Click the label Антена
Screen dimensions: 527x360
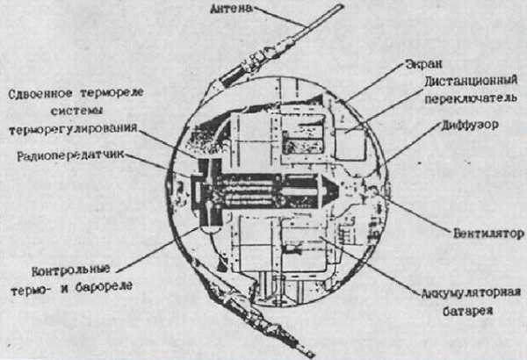pos(231,9)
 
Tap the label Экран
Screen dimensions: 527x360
pos(424,64)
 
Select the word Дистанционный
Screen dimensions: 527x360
pos(471,82)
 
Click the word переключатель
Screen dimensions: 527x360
pos(471,98)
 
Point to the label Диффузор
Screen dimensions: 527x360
pos(470,125)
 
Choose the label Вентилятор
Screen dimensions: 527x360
pos(488,234)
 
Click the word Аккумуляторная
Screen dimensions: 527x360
pos(471,292)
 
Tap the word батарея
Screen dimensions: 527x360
pos(467,311)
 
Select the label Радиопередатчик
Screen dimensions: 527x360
pos(70,155)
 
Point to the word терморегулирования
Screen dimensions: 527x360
pos(73,129)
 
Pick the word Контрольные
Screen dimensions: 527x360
pos(71,270)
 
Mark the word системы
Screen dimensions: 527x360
pos(76,111)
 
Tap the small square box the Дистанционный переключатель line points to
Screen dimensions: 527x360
pos(350,143)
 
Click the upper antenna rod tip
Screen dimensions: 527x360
pos(342,6)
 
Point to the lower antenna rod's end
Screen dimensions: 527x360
pos(312,355)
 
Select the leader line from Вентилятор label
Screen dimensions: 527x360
pos(418,214)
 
